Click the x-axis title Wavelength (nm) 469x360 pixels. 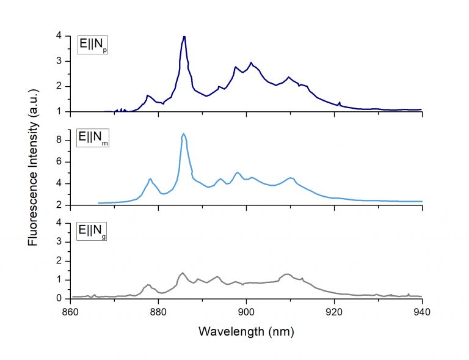(x=246, y=332)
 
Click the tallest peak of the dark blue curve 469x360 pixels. (x=184, y=37)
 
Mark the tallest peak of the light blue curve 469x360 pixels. (x=183, y=134)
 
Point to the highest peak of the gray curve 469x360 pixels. (x=182, y=273)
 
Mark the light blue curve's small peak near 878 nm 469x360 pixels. (x=150, y=179)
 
